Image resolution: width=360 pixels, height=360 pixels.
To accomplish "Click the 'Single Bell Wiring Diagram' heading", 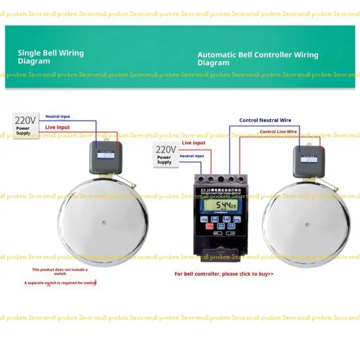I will click(x=50, y=57).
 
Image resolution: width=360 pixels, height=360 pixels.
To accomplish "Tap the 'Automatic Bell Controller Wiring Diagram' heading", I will click(x=257, y=58).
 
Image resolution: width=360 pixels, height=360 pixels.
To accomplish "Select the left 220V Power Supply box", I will click(x=25, y=125).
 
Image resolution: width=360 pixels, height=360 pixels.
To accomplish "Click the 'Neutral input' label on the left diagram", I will click(x=58, y=117).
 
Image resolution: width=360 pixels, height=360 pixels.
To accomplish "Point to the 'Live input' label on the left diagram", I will click(x=58, y=127).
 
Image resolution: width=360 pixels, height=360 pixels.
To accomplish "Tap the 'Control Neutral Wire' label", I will click(x=265, y=120).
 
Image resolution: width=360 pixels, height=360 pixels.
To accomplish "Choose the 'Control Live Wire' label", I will click(x=278, y=131).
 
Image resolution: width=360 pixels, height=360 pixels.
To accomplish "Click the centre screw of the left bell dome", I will click(x=103, y=222).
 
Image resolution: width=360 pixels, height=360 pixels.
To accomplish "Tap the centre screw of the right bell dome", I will click(x=307, y=224).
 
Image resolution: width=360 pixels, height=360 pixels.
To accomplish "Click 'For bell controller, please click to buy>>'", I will click(x=224, y=274).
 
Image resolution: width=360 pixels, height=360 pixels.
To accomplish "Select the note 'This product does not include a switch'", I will click(x=60, y=271).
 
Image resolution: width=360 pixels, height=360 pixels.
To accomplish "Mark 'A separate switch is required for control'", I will click(x=60, y=283).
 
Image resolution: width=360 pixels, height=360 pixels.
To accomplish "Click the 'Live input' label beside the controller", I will click(x=193, y=143).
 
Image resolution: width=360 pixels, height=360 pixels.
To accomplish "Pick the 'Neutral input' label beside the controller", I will click(x=192, y=156).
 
